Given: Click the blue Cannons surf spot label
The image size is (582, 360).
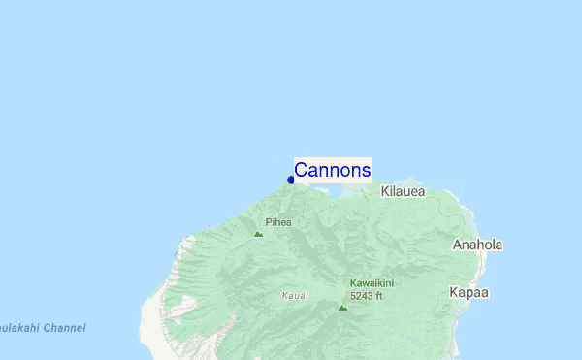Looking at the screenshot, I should pyautogui.click(x=332, y=171).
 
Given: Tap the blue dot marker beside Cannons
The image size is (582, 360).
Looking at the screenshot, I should pyautogui.click(x=291, y=180).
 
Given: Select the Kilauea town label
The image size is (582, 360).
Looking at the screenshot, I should pyautogui.click(x=403, y=192).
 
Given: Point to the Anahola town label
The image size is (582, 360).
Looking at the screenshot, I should pyautogui.click(x=477, y=245).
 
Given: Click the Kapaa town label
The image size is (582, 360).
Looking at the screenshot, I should pyautogui.click(x=469, y=292).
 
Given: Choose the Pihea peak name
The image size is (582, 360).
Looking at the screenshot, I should pyautogui.click(x=278, y=222).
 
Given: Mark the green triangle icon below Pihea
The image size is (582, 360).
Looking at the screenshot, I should pyautogui.click(x=258, y=234).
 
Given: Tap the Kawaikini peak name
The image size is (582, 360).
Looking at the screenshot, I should pyautogui.click(x=372, y=283).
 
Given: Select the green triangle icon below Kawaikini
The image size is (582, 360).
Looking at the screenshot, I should pyautogui.click(x=342, y=307).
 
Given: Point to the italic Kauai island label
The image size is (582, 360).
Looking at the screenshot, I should pyautogui.click(x=296, y=295).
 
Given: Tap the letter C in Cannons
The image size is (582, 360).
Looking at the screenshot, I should pyautogui.click(x=301, y=171).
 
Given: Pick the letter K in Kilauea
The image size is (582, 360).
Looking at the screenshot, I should pyautogui.click(x=385, y=192).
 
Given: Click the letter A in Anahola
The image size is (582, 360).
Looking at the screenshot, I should pyautogui.click(x=458, y=245).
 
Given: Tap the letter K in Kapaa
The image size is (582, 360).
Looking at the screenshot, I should pyautogui.click(x=455, y=292).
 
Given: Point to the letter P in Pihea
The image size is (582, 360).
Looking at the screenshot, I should pyautogui.click(x=269, y=222).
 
